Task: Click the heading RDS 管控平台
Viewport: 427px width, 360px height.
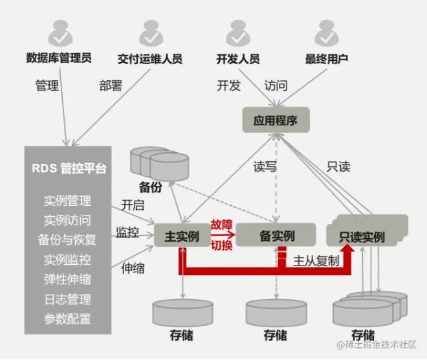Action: [69, 169]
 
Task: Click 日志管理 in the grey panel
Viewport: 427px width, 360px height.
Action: [67, 299]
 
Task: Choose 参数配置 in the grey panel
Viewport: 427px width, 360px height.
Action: [67, 319]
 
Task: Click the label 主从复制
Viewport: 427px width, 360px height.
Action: [315, 261]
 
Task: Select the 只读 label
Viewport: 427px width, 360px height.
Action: [338, 166]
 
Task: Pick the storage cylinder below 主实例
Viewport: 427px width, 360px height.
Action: [183, 313]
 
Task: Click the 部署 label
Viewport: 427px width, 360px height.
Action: [111, 85]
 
